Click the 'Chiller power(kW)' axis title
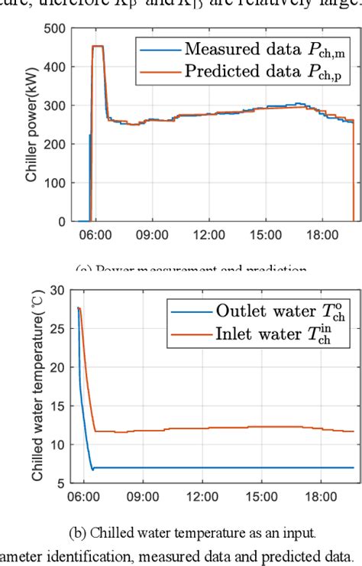click(x=31, y=125)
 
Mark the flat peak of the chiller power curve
click(x=98, y=47)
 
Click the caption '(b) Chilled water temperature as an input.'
click(x=180, y=532)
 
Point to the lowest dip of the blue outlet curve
click(x=92, y=470)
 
